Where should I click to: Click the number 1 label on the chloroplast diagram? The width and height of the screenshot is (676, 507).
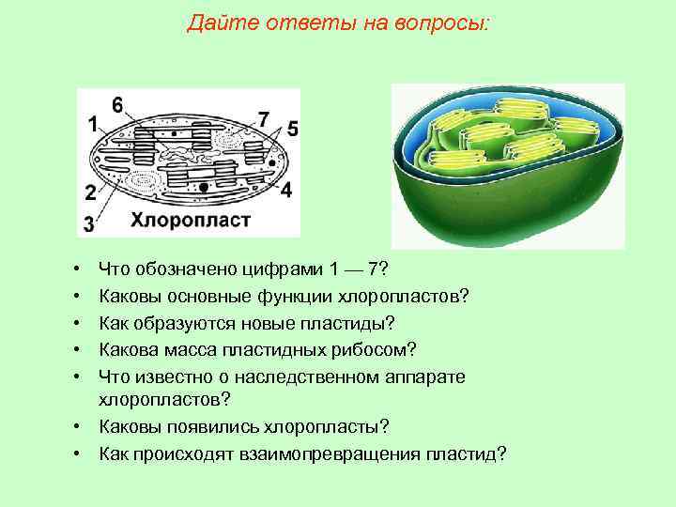(x=93, y=123)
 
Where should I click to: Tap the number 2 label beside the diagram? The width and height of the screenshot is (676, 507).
(x=90, y=193)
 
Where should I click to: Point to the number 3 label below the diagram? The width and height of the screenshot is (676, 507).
(x=88, y=223)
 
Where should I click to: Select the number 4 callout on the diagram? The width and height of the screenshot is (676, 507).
(x=285, y=190)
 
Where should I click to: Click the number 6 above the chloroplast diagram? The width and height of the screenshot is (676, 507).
(x=116, y=104)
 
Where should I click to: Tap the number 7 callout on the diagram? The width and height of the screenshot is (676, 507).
(x=264, y=119)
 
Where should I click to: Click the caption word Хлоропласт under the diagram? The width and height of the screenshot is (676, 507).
(x=190, y=221)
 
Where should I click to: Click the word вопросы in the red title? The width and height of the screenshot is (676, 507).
(x=444, y=23)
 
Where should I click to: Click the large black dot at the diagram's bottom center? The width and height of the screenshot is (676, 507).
(x=205, y=189)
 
